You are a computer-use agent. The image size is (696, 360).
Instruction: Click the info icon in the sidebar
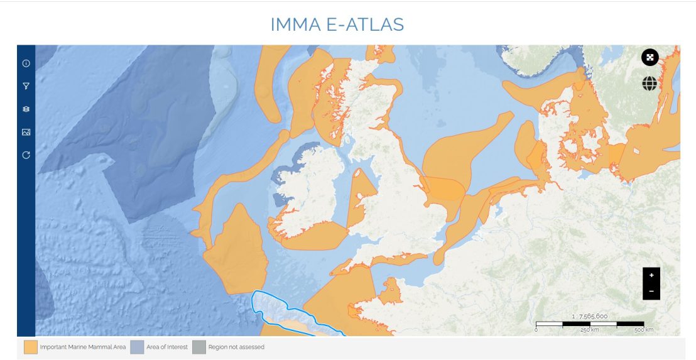point(26,63)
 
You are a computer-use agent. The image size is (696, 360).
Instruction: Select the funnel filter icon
point(26,86)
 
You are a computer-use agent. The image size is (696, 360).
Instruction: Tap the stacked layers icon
point(26,109)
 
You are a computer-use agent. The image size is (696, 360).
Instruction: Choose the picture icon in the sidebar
point(26,132)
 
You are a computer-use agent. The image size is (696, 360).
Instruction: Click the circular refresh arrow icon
point(26,155)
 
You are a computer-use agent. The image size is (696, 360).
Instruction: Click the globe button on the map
point(650,84)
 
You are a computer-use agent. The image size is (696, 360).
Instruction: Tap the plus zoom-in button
point(651,275)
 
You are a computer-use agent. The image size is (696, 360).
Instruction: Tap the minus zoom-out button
point(651,291)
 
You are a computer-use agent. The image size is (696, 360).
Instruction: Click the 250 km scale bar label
point(589,330)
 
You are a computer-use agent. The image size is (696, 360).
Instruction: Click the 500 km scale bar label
point(643,330)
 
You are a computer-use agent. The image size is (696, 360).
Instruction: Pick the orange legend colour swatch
point(30,347)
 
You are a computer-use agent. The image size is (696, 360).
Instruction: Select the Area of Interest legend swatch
point(137,347)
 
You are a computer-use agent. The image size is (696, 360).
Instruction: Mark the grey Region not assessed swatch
point(199,347)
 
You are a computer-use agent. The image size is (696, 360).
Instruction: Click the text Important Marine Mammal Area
point(83,347)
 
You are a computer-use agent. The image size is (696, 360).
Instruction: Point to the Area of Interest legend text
point(167,347)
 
